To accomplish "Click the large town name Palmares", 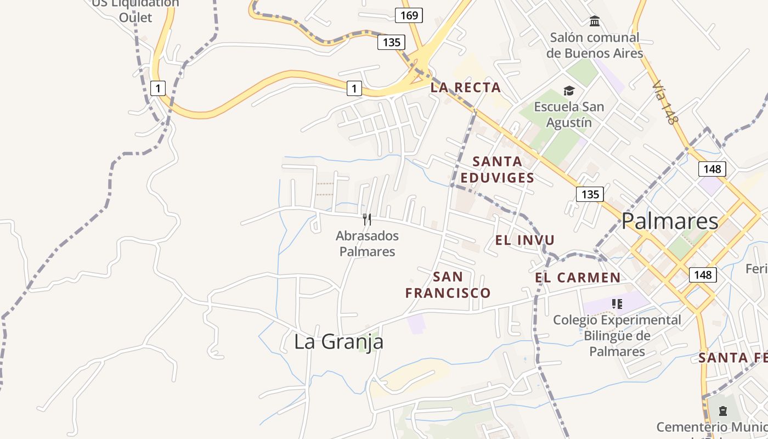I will (670, 221).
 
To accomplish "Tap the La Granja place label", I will (338, 341).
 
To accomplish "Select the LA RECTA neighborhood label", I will (466, 87).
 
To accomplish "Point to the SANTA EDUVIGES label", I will (497, 170).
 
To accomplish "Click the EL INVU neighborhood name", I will (525, 240).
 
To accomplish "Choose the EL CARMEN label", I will (578, 278).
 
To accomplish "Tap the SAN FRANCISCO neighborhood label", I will (448, 285).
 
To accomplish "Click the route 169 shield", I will (409, 15).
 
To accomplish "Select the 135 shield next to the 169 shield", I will (391, 42).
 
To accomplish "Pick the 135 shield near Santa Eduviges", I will (590, 194).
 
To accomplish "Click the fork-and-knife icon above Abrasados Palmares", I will (367, 219).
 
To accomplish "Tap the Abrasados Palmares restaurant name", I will (367, 244).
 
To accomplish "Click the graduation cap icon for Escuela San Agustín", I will (569, 91).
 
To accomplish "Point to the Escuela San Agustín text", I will (569, 115).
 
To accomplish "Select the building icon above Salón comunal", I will (594, 21).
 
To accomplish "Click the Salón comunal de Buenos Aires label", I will (595, 46).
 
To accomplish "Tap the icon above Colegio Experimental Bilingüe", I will (617, 303).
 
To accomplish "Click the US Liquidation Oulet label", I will (135, 10).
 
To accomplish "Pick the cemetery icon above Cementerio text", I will (722, 410).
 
